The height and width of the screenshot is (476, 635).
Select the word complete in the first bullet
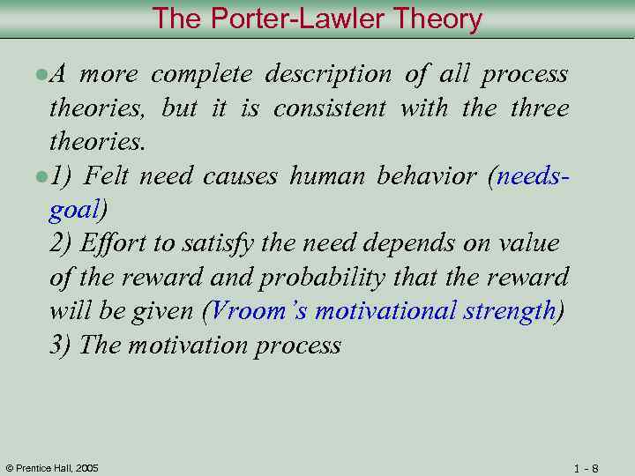coord(201,75)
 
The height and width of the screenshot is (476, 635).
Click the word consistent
coord(329,109)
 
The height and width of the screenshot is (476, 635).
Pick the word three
coord(540,109)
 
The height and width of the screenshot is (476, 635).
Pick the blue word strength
coord(512,311)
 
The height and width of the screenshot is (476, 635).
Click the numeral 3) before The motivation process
coord(61,345)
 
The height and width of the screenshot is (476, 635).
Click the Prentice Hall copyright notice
coord(52,467)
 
